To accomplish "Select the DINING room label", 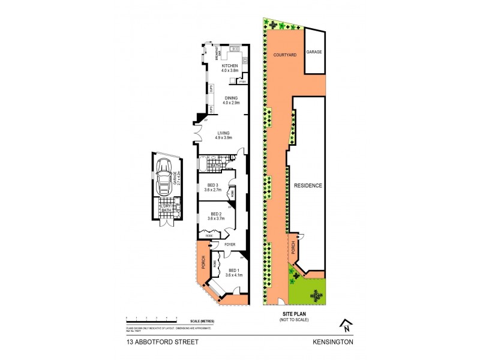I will click(x=231, y=98).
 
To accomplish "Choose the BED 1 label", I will click(x=234, y=271).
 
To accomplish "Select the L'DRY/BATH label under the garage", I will click(x=166, y=208).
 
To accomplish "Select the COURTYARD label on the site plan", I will click(x=283, y=55).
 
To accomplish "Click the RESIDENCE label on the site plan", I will click(x=308, y=186).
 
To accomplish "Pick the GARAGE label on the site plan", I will click(x=314, y=52).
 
